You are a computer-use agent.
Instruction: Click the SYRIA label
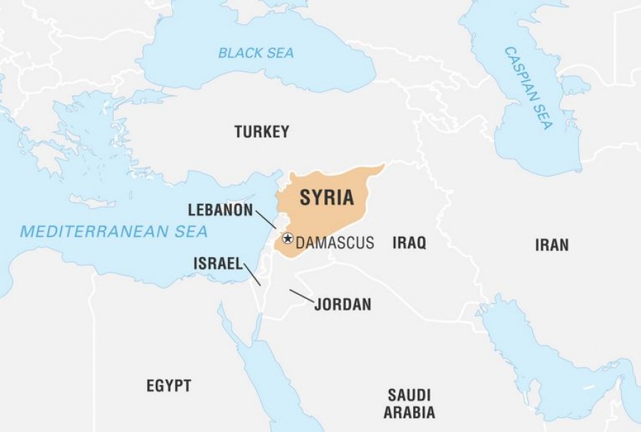tap(326, 198)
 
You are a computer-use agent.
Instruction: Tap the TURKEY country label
tap(262, 132)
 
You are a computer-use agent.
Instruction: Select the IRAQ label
tap(409, 243)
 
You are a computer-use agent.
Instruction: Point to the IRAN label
tap(552, 245)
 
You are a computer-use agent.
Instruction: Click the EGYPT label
tap(169, 386)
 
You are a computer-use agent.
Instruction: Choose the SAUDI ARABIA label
tap(409, 403)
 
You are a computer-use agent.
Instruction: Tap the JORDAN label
tap(343, 305)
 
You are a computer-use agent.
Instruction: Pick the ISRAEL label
tap(219, 263)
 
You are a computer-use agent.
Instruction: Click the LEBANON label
tap(220, 210)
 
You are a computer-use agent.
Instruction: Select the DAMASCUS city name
tap(335, 243)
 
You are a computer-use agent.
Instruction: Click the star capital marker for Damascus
tap(287, 238)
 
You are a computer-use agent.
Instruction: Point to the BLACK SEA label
tap(256, 53)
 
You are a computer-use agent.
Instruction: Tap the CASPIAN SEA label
tap(528, 88)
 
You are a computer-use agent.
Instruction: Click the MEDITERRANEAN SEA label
tap(114, 231)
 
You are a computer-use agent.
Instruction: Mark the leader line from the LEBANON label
tap(266, 218)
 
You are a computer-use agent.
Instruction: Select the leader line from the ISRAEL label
tap(252, 274)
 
